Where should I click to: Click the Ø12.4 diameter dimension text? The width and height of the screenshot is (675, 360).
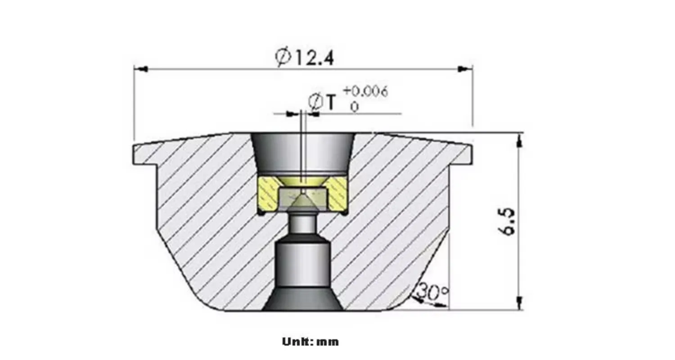click(x=305, y=58)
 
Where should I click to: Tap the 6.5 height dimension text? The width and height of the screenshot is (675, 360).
click(x=506, y=221)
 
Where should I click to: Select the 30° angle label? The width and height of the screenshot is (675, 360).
click(x=433, y=291)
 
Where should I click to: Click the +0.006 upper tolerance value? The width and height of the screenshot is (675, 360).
click(x=366, y=92)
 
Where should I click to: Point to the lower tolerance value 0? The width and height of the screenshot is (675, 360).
click(x=355, y=107)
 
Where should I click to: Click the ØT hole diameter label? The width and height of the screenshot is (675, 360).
click(x=322, y=102)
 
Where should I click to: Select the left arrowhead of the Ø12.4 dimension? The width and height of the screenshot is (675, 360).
click(x=141, y=69)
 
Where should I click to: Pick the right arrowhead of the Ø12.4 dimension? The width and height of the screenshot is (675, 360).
click(x=465, y=69)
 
